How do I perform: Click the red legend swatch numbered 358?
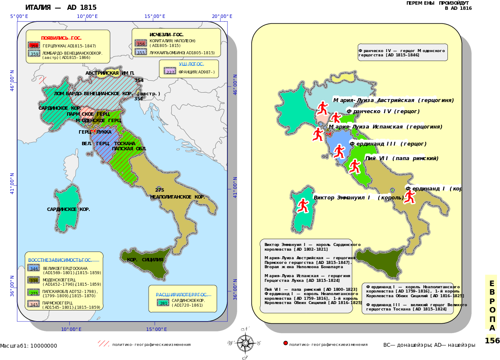[x=34, y=45]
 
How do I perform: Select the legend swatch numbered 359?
[x=34, y=53]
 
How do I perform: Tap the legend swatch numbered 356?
[x=141, y=43]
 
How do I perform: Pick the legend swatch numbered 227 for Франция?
[x=170, y=71]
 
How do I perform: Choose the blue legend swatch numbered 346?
[x=33, y=268]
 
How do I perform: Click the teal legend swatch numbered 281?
[x=163, y=303]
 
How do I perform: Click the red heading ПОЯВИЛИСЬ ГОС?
[x=61, y=38]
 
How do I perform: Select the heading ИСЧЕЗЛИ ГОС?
[x=166, y=35]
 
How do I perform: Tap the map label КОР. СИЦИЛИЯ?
[x=145, y=260]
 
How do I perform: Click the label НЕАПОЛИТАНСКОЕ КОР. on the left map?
[x=177, y=197]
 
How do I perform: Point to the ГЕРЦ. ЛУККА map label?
[x=95, y=132]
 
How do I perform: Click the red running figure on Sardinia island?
[x=303, y=205]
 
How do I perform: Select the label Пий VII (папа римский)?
[x=402, y=158]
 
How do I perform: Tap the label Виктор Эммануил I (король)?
[x=359, y=198]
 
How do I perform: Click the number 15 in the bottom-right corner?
[x=491, y=340]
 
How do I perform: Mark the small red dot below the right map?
[x=285, y=343]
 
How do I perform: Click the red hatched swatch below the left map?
[x=103, y=343]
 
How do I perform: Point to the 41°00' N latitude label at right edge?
[x=235, y=187]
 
